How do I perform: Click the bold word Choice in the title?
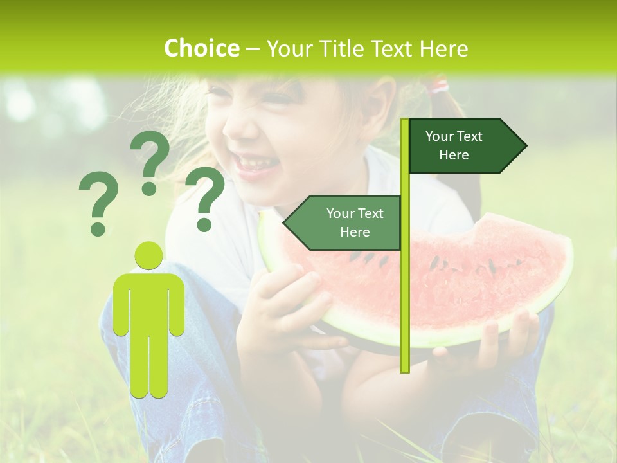[x=201, y=48]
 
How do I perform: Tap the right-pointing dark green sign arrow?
[x=465, y=146]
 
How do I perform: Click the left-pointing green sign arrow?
[x=344, y=222]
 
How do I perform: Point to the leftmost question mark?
[x=98, y=203]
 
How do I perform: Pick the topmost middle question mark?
[x=150, y=162]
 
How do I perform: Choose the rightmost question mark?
[x=205, y=197]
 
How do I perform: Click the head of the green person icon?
[x=148, y=255]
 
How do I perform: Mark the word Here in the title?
[x=443, y=48]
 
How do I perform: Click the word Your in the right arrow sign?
[x=440, y=136]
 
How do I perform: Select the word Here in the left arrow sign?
[x=355, y=232]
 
